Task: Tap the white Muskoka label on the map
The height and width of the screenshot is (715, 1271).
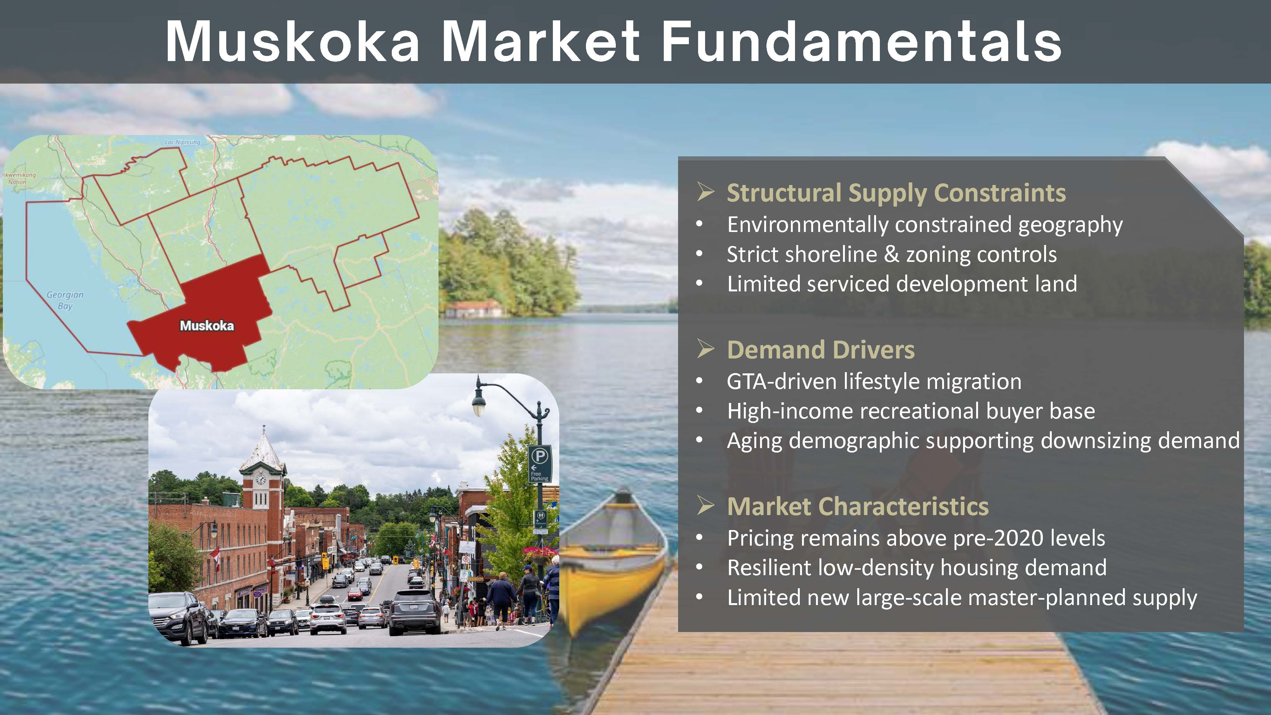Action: pos(207,326)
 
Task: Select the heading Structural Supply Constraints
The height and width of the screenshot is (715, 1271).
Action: pos(896,193)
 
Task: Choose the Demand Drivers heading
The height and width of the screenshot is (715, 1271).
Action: pos(820,350)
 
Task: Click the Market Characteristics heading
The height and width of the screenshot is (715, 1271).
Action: pos(858,506)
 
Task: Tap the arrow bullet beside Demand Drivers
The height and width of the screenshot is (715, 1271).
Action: pos(705,349)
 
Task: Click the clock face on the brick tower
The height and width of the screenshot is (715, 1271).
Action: pos(261,478)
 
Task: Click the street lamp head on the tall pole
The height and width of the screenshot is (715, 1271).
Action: pos(478,405)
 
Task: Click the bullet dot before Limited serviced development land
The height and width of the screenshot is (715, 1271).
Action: pos(699,284)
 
